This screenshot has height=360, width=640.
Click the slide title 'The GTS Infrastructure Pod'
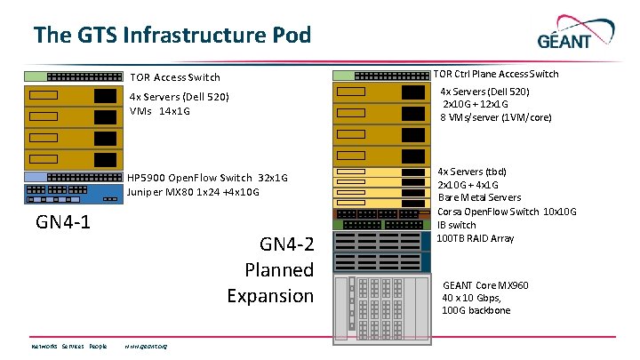(172, 36)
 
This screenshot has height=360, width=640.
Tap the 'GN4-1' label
(63, 220)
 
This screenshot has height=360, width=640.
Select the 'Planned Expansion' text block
(270, 270)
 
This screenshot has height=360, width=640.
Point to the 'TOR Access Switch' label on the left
(175, 77)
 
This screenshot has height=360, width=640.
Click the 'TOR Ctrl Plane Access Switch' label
(495, 74)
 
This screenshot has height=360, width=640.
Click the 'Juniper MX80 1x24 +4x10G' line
(193, 191)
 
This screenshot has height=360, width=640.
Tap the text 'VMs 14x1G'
(160, 111)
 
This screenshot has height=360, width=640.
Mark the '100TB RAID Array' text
(476, 238)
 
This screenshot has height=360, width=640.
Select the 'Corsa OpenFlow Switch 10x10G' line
(507, 212)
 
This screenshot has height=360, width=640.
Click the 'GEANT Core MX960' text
(485, 285)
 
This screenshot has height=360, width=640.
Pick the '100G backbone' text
(476, 310)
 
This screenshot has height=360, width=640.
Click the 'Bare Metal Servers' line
(479, 197)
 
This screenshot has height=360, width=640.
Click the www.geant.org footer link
(146, 346)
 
